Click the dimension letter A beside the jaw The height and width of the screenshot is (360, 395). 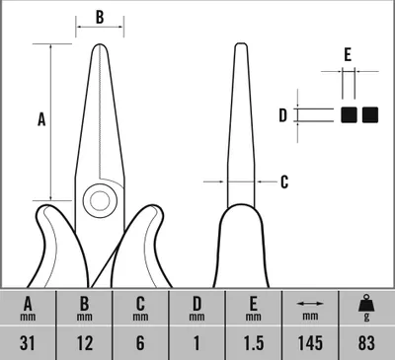(x=41, y=119)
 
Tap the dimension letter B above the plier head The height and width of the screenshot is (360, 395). (x=100, y=17)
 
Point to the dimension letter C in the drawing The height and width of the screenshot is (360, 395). (x=284, y=181)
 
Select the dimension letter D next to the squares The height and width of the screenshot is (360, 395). (x=283, y=115)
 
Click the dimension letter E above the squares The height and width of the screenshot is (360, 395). (x=348, y=55)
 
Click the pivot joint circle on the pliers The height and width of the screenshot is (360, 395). (x=100, y=200)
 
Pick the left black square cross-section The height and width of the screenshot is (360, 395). (x=349, y=115)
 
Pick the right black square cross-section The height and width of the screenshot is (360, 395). (x=370, y=115)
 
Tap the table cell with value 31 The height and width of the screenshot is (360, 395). (x=28, y=343)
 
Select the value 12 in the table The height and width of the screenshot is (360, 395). (x=85, y=343)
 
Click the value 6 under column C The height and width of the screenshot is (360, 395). (x=140, y=343)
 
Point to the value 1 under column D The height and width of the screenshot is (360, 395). (x=197, y=343)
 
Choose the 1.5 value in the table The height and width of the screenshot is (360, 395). (x=254, y=343)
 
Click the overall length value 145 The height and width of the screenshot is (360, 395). (x=310, y=343)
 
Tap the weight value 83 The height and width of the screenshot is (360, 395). (x=366, y=343)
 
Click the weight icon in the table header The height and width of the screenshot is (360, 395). (x=366, y=303)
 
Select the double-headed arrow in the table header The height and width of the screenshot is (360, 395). (x=310, y=304)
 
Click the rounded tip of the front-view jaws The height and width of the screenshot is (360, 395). (x=100, y=45)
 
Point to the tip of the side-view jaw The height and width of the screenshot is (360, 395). (x=241, y=44)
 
